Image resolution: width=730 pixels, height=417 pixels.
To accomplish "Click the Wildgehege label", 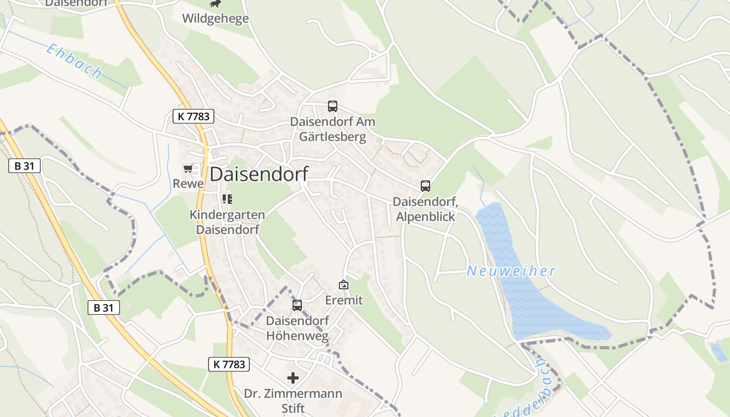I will point(215,19).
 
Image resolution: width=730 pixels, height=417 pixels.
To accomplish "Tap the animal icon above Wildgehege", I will point(215,4).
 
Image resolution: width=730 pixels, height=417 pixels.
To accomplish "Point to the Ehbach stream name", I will point(74,61).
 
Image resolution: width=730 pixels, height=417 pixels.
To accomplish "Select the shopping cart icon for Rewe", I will point(188,169).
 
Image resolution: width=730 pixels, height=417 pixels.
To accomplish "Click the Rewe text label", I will point(188,183).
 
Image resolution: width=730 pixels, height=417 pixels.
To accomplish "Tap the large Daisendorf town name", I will point(259,174).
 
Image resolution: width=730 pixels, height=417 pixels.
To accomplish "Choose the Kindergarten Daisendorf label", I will point(227,222).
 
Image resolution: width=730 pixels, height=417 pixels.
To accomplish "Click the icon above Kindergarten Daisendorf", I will point(227,199).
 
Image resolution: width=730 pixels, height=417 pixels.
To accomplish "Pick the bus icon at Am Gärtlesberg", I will point(333,106).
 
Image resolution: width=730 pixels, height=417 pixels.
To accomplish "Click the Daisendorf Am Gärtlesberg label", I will point(333,129).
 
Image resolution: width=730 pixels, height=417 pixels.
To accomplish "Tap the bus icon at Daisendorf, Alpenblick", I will point(425,186).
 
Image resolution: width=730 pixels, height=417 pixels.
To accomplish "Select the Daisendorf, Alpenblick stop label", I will point(425,208).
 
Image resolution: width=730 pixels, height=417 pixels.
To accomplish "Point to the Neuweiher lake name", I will point(511,271).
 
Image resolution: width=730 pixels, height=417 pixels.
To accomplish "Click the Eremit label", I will point(344,300).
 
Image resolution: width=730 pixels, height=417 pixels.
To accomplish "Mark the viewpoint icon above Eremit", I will point(344,285).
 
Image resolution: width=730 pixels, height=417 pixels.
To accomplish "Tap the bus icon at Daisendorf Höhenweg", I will point(297,305).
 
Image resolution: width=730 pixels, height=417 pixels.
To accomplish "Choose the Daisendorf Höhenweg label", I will point(297,328).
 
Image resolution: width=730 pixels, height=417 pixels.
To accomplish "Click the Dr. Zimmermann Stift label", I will point(293,400).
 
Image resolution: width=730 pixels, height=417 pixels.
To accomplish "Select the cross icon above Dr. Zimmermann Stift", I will point(293,378).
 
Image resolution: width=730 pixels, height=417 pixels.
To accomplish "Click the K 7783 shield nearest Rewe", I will point(193,116).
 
